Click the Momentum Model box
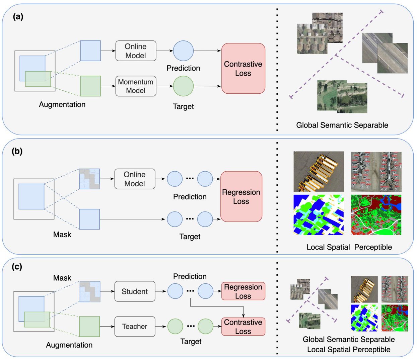(136, 86)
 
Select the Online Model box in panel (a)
(136, 51)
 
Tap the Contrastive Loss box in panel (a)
(243, 68)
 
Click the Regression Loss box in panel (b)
(241, 196)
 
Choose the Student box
(135, 291)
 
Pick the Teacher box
(135, 327)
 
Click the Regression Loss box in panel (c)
(243, 291)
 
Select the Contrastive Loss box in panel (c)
(243, 327)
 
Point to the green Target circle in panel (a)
(183, 86)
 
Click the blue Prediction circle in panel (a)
(183, 51)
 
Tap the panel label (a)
(18, 17)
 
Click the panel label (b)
(17, 151)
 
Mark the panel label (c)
(17, 267)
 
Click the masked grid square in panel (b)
(89, 179)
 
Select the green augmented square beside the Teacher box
(89, 327)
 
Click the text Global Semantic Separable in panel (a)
(342, 125)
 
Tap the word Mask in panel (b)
(62, 235)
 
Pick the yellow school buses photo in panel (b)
(319, 171)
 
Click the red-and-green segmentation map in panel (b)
(376, 215)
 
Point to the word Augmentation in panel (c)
(69, 345)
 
